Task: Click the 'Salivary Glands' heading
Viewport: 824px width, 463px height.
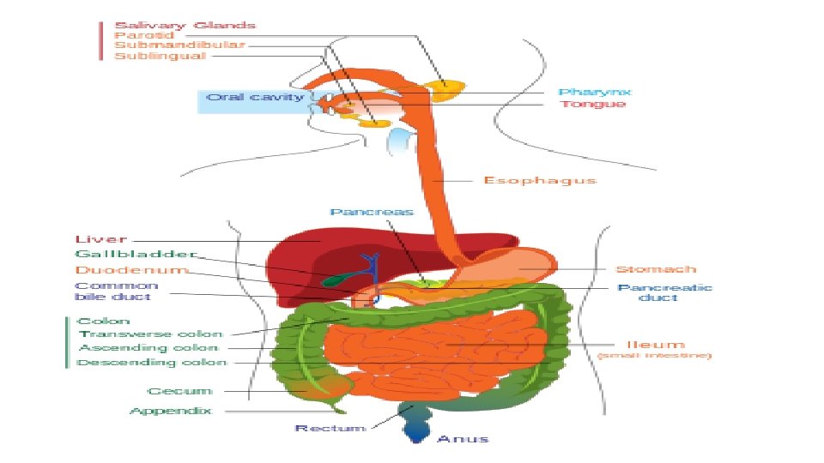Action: (x=185, y=25)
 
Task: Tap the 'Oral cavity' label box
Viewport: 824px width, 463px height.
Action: (x=255, y=97)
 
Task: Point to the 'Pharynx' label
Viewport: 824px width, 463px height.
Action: (x=595, y=92)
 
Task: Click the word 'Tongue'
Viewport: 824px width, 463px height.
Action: (x=592, y=104)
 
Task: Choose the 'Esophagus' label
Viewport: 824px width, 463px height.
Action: (x=539, y=180)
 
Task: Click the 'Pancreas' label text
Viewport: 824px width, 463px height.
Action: (x=372, y=212)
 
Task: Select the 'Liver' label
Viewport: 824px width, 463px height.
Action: (x=101, y=239)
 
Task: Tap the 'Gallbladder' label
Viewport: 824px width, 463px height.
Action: (x=136, y=255)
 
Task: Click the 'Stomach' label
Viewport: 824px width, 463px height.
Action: (x=656, y=269)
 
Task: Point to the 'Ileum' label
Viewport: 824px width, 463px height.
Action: (x=655, y=345)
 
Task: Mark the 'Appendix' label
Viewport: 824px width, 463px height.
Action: (x=170, y=412)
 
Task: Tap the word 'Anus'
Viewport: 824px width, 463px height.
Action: (x=463, y=439)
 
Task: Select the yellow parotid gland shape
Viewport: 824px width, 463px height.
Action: (x=447, y=89)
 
